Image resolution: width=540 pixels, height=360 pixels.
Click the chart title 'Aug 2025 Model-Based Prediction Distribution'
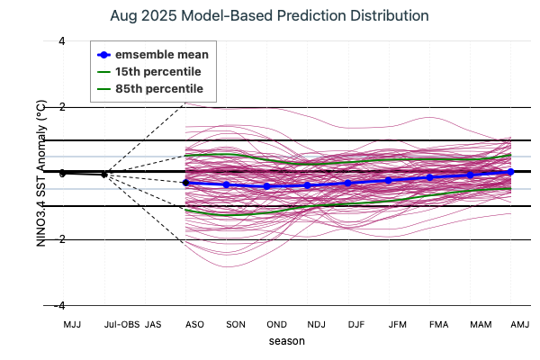pos(269,16)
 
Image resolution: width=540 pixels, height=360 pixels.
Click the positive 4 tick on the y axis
pos(61,40)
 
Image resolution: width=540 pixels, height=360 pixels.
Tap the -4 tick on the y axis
pos(59,306)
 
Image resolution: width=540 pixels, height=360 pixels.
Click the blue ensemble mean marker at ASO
pos(185,183)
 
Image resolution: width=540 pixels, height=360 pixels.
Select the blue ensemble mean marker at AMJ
pos(511,171)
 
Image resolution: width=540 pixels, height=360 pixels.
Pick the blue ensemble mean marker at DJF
pos(348,183)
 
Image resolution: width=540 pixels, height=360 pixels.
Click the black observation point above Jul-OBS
pos(104,175)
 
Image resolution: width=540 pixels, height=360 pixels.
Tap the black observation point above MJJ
pos(64,173)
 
